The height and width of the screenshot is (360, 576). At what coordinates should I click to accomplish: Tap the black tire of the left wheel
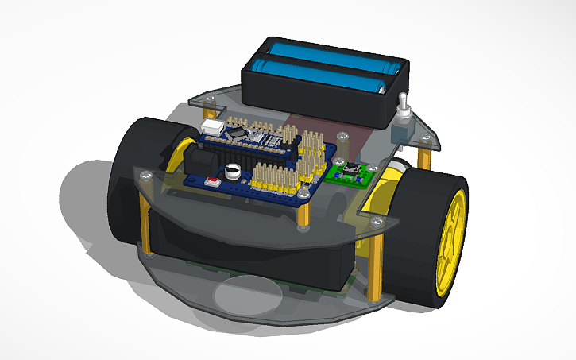coord(127,183)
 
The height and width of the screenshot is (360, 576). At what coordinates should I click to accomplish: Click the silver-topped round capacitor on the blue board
coord(233,171)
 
